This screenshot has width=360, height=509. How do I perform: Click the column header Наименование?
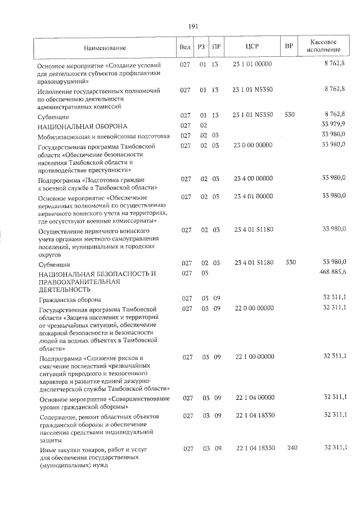pyautogui.click(x=106, y=48)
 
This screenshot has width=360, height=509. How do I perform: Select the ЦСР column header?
pyautogui.click(x=253, y=47)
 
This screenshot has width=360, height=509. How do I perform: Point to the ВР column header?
pyautogui.click(x=289, y=47)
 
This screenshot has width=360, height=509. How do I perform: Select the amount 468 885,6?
pyautogui.click(x=332, y=273)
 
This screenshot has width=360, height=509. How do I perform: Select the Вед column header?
pyautogui.click(x=184, y=47)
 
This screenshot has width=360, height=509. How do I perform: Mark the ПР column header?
pyautogui.click(x=215, y=47)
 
